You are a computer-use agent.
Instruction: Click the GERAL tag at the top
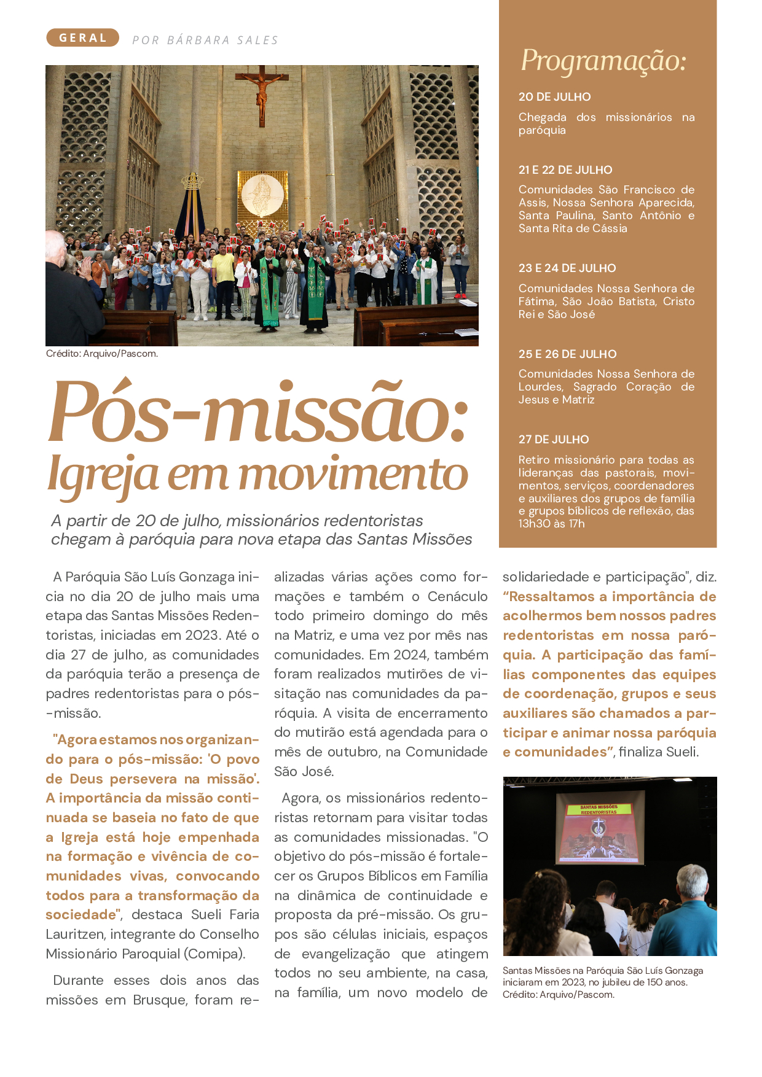coord(82,38)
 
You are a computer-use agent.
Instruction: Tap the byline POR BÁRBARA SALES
coord(205,41)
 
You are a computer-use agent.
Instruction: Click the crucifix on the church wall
coord(262,93)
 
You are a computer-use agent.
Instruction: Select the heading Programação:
coord(603,61)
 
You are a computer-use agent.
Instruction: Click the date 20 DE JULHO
coord(554,97)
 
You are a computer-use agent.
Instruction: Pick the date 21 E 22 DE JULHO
coord(565,170)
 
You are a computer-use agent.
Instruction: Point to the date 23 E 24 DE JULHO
coord(567,268)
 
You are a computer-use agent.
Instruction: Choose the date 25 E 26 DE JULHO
coord(567,354)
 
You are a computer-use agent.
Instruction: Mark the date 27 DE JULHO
coord(554,440)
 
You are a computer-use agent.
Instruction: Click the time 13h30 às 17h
coord(551,524)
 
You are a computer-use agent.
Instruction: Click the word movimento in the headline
coord(353,474)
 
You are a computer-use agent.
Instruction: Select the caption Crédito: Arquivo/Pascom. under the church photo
coord(102,354)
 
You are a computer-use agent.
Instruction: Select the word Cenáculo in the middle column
coord(457,596)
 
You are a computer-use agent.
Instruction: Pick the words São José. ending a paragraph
coord(304,771)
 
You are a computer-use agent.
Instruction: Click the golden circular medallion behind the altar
coord(262,195)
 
